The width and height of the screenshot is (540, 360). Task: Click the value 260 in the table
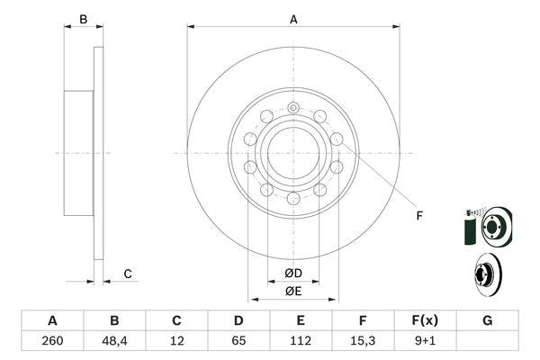click(x=52, y=341)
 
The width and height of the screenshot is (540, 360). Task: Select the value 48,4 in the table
click(x=114, y=341)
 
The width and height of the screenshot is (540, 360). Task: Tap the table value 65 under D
click(x=238, y=341)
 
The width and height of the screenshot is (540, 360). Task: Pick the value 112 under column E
click(x=301, y=341)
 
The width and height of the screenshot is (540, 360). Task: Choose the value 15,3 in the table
click(x=363, y=341)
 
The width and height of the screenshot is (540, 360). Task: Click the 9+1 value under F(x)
click(x=425, y=341)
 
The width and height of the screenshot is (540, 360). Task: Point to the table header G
click(x=487, y=320)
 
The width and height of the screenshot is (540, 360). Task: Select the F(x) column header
click(x=425, y=320)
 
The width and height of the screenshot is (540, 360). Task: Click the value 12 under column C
click(x=176, y=341)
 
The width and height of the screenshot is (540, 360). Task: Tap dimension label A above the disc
click(x=293, y=18)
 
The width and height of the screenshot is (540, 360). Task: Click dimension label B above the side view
click(x=83, y=18)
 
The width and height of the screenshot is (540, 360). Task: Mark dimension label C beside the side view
click(x=128, y=274)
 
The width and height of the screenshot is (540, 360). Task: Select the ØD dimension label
click(x=293, y=273)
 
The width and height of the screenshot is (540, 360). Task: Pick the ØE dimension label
click(x=293, y=291)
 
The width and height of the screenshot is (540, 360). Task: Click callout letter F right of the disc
click(x=419, y=214)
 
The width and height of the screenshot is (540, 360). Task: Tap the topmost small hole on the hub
click(x=294, y=108)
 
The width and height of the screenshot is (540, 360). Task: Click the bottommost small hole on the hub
click(x=293, y=198)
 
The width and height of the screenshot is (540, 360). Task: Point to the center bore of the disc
click(x=293, y=153)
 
